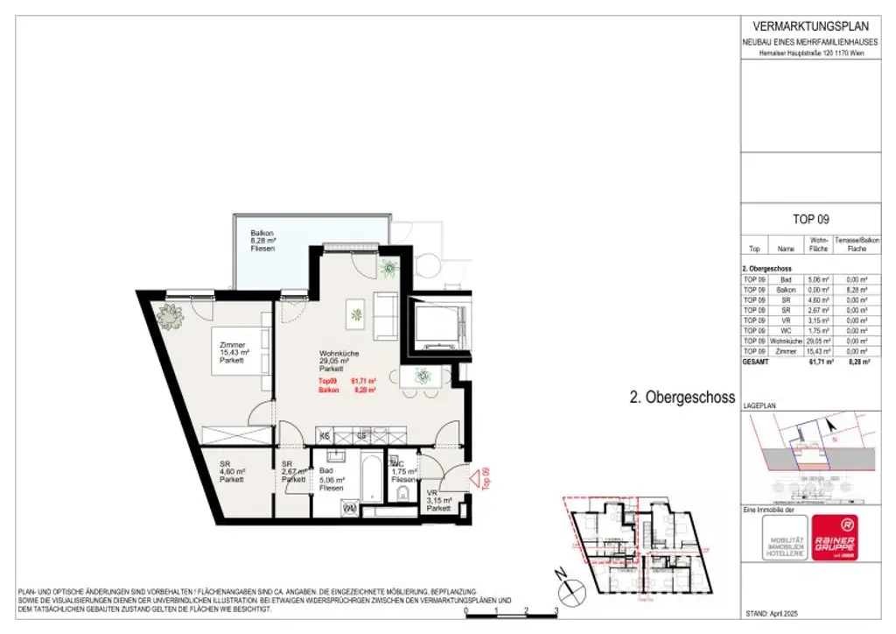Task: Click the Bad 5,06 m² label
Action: [x=332, y=479]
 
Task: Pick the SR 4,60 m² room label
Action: [x=231, y=472]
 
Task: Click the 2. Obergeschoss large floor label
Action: [x=682, y=397]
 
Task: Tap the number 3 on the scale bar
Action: [x=556, y=612]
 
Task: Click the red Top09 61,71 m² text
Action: [x=346, y=382]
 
